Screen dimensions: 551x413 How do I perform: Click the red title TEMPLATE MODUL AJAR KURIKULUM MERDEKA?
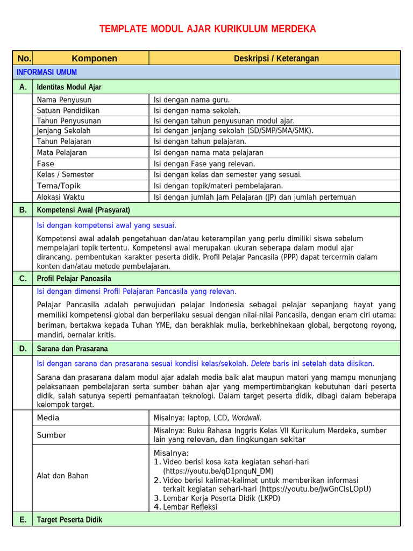[x=208, y=29]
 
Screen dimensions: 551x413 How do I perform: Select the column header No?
[x=24, y=58]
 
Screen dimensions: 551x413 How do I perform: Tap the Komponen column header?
[x=94, y=58]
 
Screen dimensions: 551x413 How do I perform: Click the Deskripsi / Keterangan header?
[x=276, y=58]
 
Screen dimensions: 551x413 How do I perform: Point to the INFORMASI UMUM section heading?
[x=46, y=72]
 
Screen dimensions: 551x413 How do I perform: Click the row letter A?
[x=23, y=87]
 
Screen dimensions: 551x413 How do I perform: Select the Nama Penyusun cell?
[x=64, y=100]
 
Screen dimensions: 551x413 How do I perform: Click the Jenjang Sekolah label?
[x=63, y=131]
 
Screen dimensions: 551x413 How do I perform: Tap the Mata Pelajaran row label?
[x=62, y=152]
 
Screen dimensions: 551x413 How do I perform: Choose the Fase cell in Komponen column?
[x=46, y=164]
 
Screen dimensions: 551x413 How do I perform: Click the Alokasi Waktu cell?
[x=61, y=197]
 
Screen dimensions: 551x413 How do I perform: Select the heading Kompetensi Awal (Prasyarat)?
[x=83, y=210]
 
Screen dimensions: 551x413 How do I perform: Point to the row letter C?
[x=23, y=278]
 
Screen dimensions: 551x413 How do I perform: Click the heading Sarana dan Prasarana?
[x=72, y=349]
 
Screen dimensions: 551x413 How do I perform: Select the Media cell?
[x=48, y=418]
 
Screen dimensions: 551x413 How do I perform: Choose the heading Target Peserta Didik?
[x=69, y=520]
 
